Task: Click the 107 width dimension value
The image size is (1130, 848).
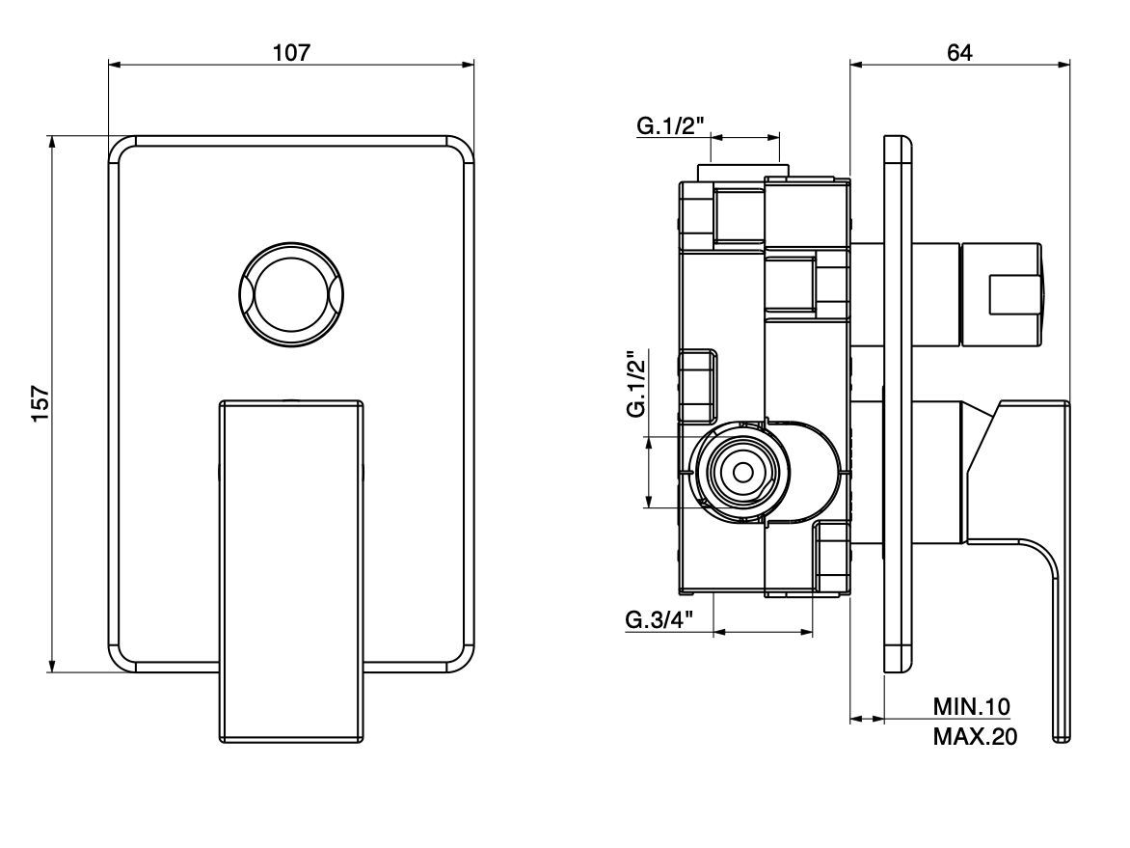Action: [291, 52]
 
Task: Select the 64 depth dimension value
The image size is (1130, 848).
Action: [959, 52]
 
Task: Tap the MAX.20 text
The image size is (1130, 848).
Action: [975, 737]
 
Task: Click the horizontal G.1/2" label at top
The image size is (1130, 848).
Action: [670, 126]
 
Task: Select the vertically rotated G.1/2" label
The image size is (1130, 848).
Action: [635, 384]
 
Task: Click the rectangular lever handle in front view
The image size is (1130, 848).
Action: [292, 569]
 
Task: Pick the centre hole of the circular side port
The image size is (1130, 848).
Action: [742, 473]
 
